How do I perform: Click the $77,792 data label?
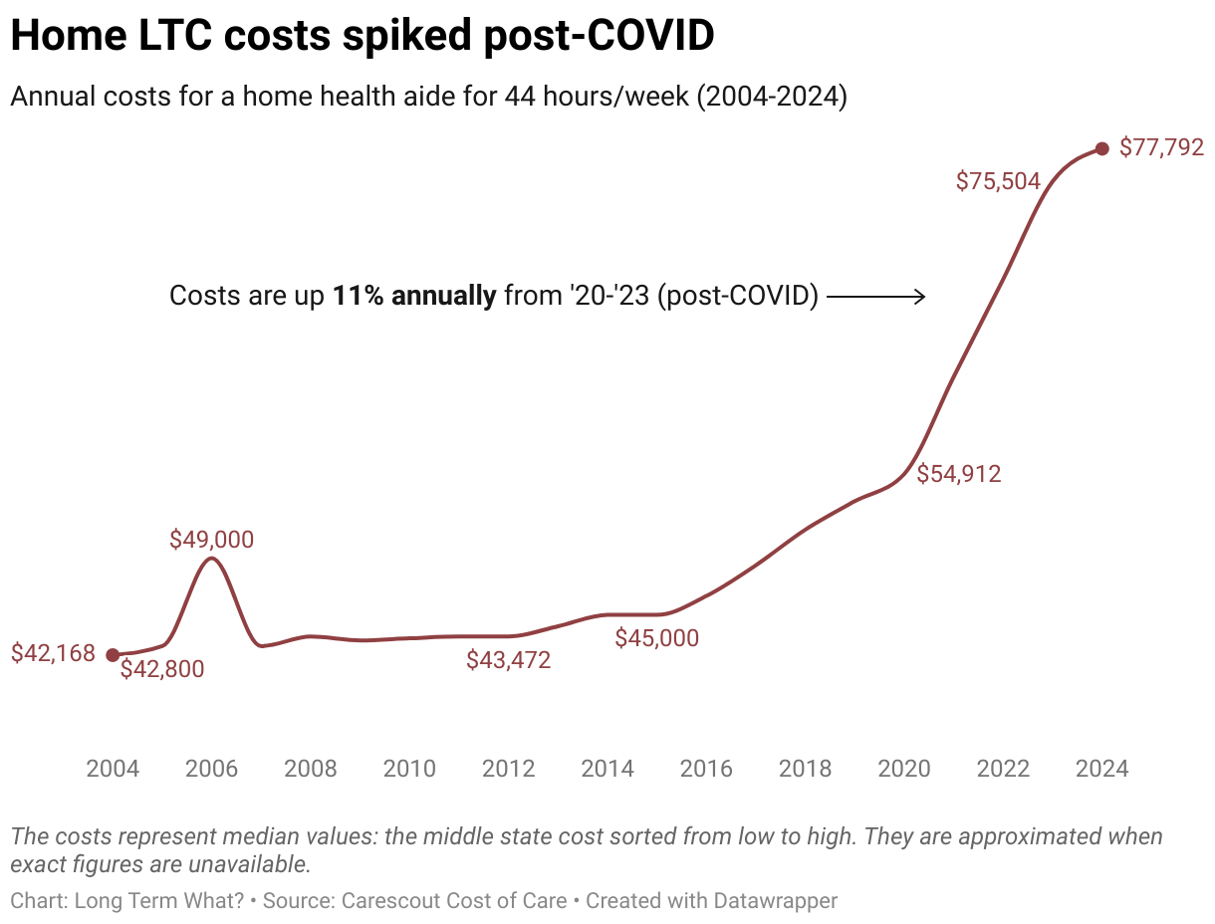click(x=1161, y=148)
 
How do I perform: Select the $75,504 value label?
click(x=998, y=181)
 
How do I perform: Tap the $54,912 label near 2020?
click(x=959, y=474)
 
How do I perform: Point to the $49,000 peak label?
click(x=211, y=540)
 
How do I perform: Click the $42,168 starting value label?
click(x=53, y=653)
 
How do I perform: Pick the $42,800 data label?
click(x=162, y=669)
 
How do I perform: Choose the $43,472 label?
click(x=508, y=659)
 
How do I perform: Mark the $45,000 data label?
click(x=656, y=638)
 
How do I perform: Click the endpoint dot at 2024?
click(x=1101, y=148)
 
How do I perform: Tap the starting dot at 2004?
click(x=113, y=654)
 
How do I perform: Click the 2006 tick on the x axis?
click(x=211, y=769)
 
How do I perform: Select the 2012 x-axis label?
click(x=508, y=769)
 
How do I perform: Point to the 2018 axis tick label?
click(x=805, y=769)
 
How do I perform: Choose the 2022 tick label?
click(x=1003, y=769)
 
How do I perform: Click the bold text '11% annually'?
click(x=413, y=297)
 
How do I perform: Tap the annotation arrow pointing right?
click(x=876, y=297)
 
